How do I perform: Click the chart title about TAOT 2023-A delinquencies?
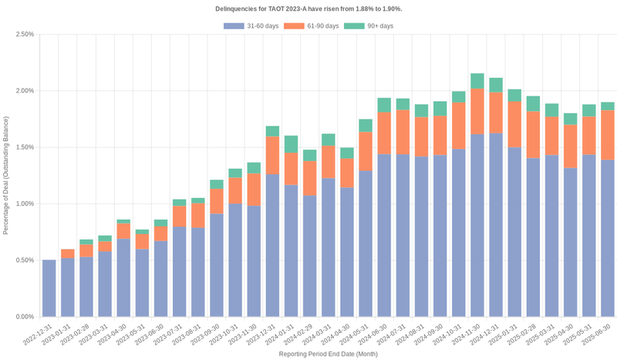point(308,8)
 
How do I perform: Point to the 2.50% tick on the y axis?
point(24,35)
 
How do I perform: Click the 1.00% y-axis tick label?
point(24,204)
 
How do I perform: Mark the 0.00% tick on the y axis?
point(24,317)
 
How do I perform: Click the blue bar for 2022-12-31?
point(49,288)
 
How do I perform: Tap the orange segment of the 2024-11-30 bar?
point(477,112)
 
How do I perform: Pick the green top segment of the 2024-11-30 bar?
point(477,81)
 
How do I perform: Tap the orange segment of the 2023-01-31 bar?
point(68,254)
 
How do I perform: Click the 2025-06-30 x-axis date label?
point(600,335)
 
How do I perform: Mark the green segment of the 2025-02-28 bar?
point(533,104)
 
